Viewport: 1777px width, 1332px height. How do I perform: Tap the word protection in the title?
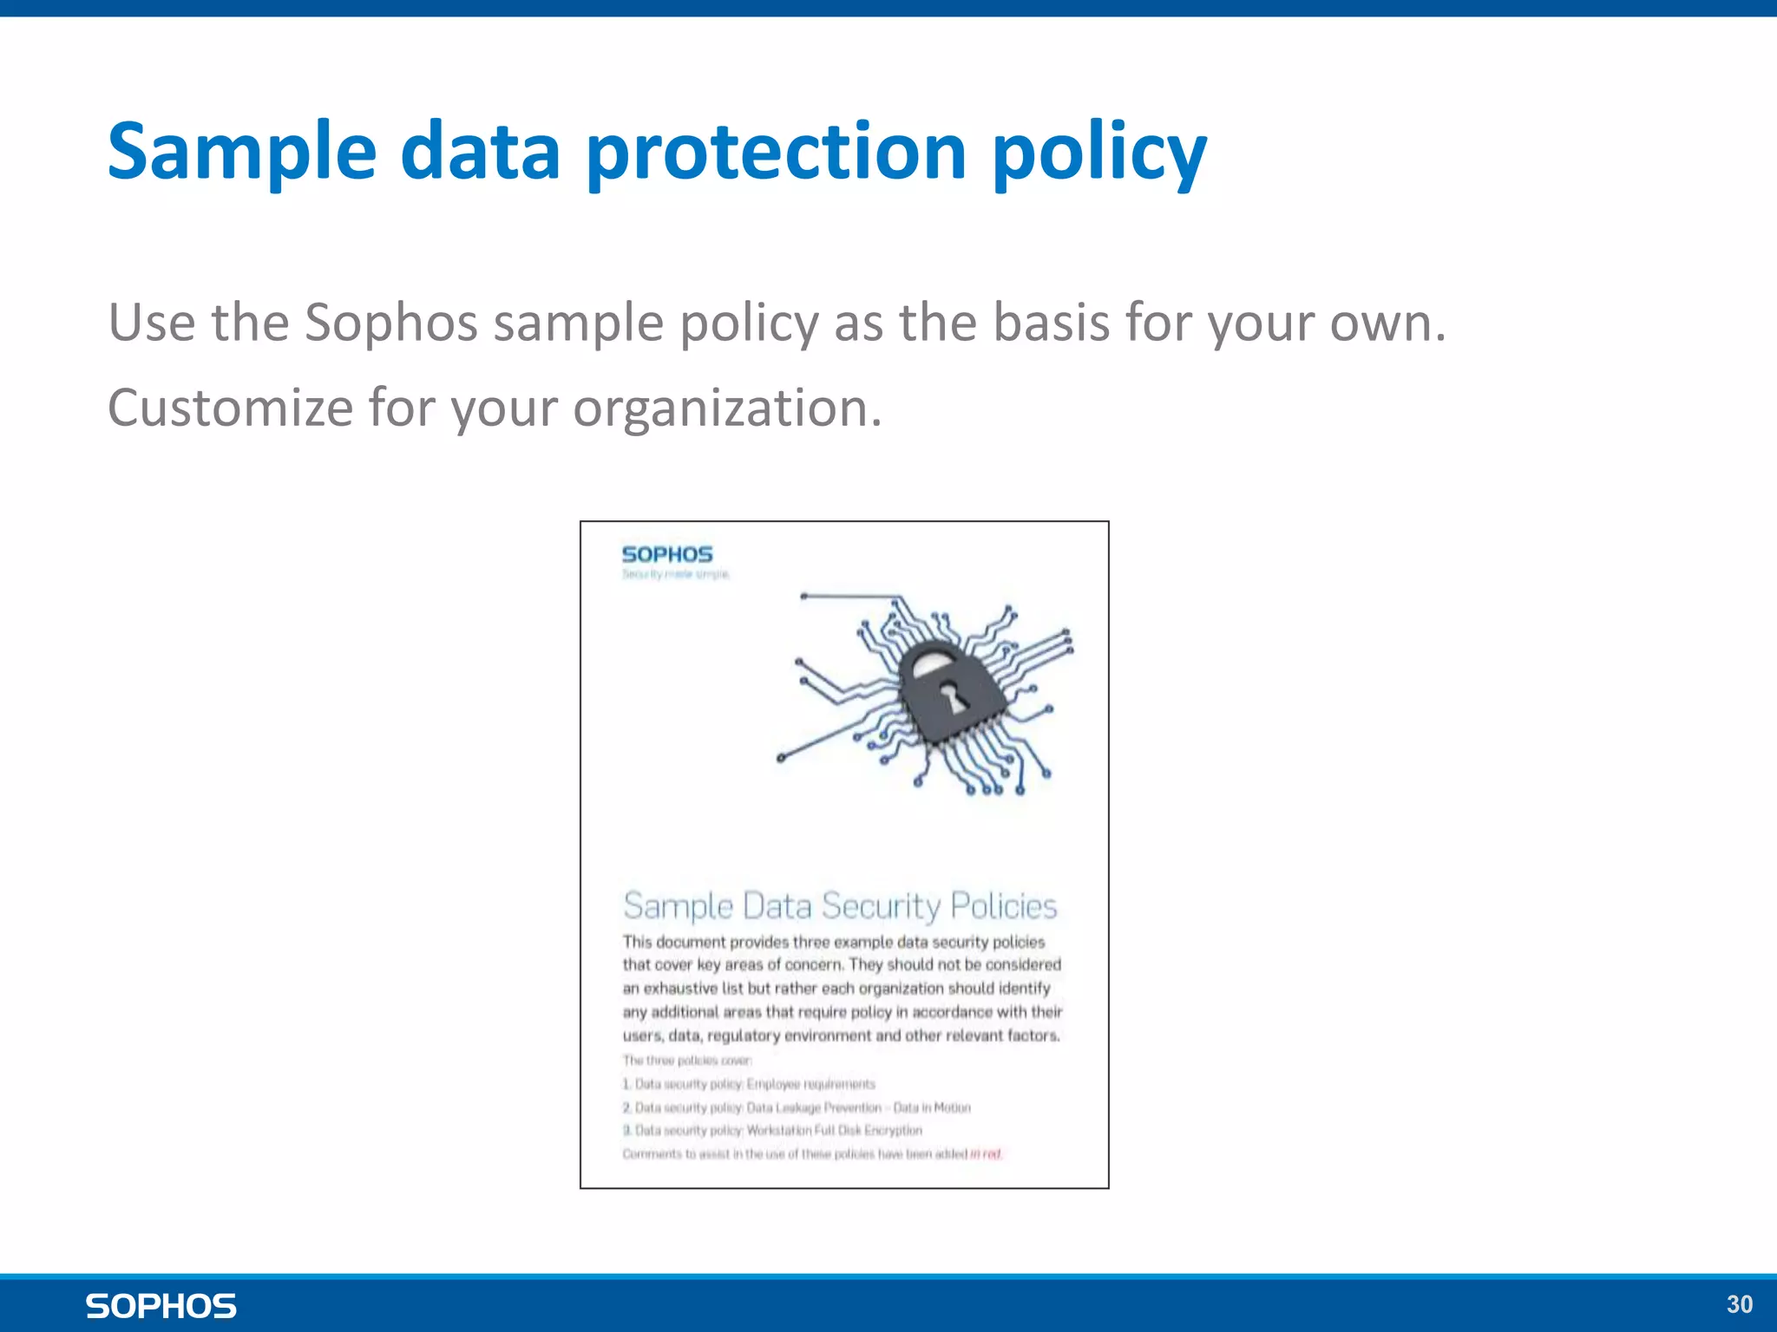(777, 152)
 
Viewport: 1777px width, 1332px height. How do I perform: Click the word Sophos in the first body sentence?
(390, 323)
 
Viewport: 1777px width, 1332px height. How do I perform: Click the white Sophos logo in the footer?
(161, 1306)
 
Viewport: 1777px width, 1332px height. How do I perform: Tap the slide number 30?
(1739, 1304)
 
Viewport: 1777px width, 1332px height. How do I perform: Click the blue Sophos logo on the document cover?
(667, 555)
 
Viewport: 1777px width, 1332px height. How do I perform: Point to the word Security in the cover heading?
(880, 906)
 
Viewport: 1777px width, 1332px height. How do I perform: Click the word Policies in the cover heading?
(1003, 906)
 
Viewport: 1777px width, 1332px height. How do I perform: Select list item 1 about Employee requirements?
(750, 1084)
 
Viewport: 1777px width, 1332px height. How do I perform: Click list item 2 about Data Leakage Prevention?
(797, 1107)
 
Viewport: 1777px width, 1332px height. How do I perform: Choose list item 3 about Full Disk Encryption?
(772, 1131)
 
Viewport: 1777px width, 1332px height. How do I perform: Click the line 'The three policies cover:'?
(686, 1061)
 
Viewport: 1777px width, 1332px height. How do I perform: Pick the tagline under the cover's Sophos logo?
(676, 574)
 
